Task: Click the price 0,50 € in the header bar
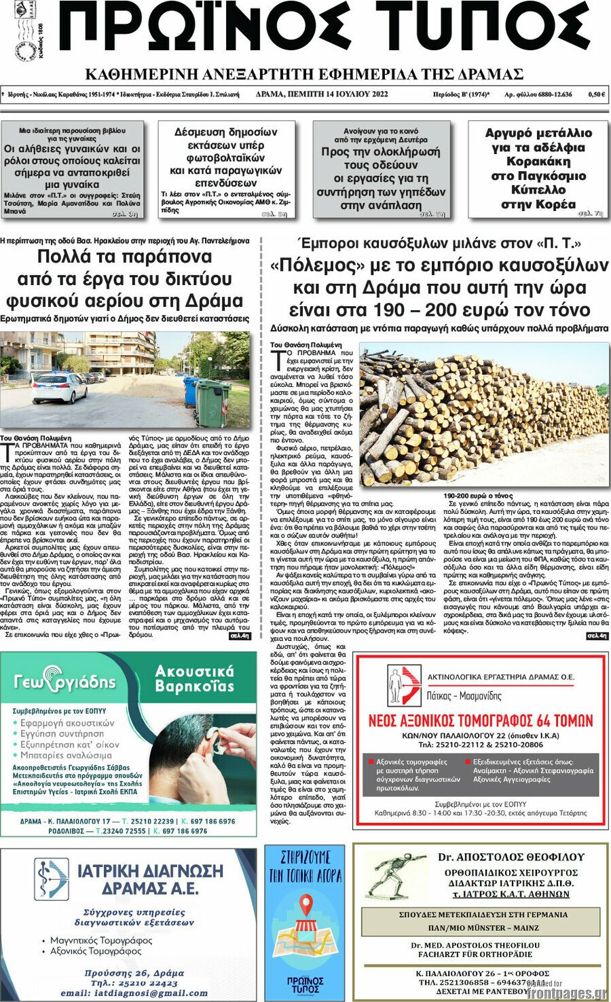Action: point(595,94)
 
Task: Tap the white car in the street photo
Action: point(59,388)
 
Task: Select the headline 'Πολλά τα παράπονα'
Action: point(124,257)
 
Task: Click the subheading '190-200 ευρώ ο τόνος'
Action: point(478,496)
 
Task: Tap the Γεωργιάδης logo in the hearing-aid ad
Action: point(65,682)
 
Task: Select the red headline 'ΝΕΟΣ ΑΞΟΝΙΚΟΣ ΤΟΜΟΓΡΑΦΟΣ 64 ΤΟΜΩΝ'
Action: point(480,720)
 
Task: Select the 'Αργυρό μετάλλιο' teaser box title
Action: point(538,133)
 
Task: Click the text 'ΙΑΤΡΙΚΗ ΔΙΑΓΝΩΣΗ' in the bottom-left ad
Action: point(149,871)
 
